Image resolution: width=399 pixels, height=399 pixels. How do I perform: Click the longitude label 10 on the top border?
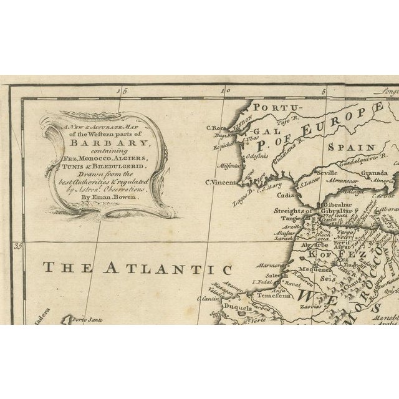[227, 91]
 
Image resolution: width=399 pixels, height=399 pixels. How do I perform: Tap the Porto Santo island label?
[85, 320]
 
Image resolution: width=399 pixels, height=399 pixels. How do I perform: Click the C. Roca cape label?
[215, 128]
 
